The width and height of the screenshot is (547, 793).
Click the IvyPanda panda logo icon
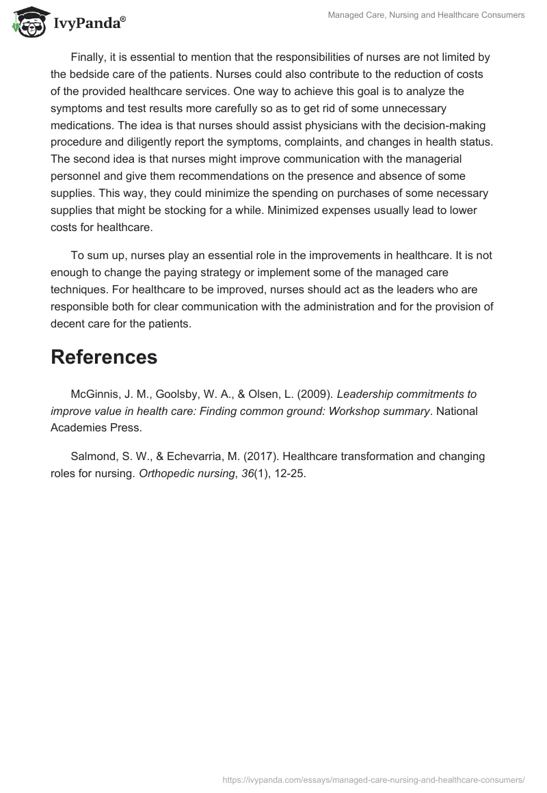coord(27,21)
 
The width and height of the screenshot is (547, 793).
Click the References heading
coord(104,357)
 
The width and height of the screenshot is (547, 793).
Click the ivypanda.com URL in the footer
coord(375,779)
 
